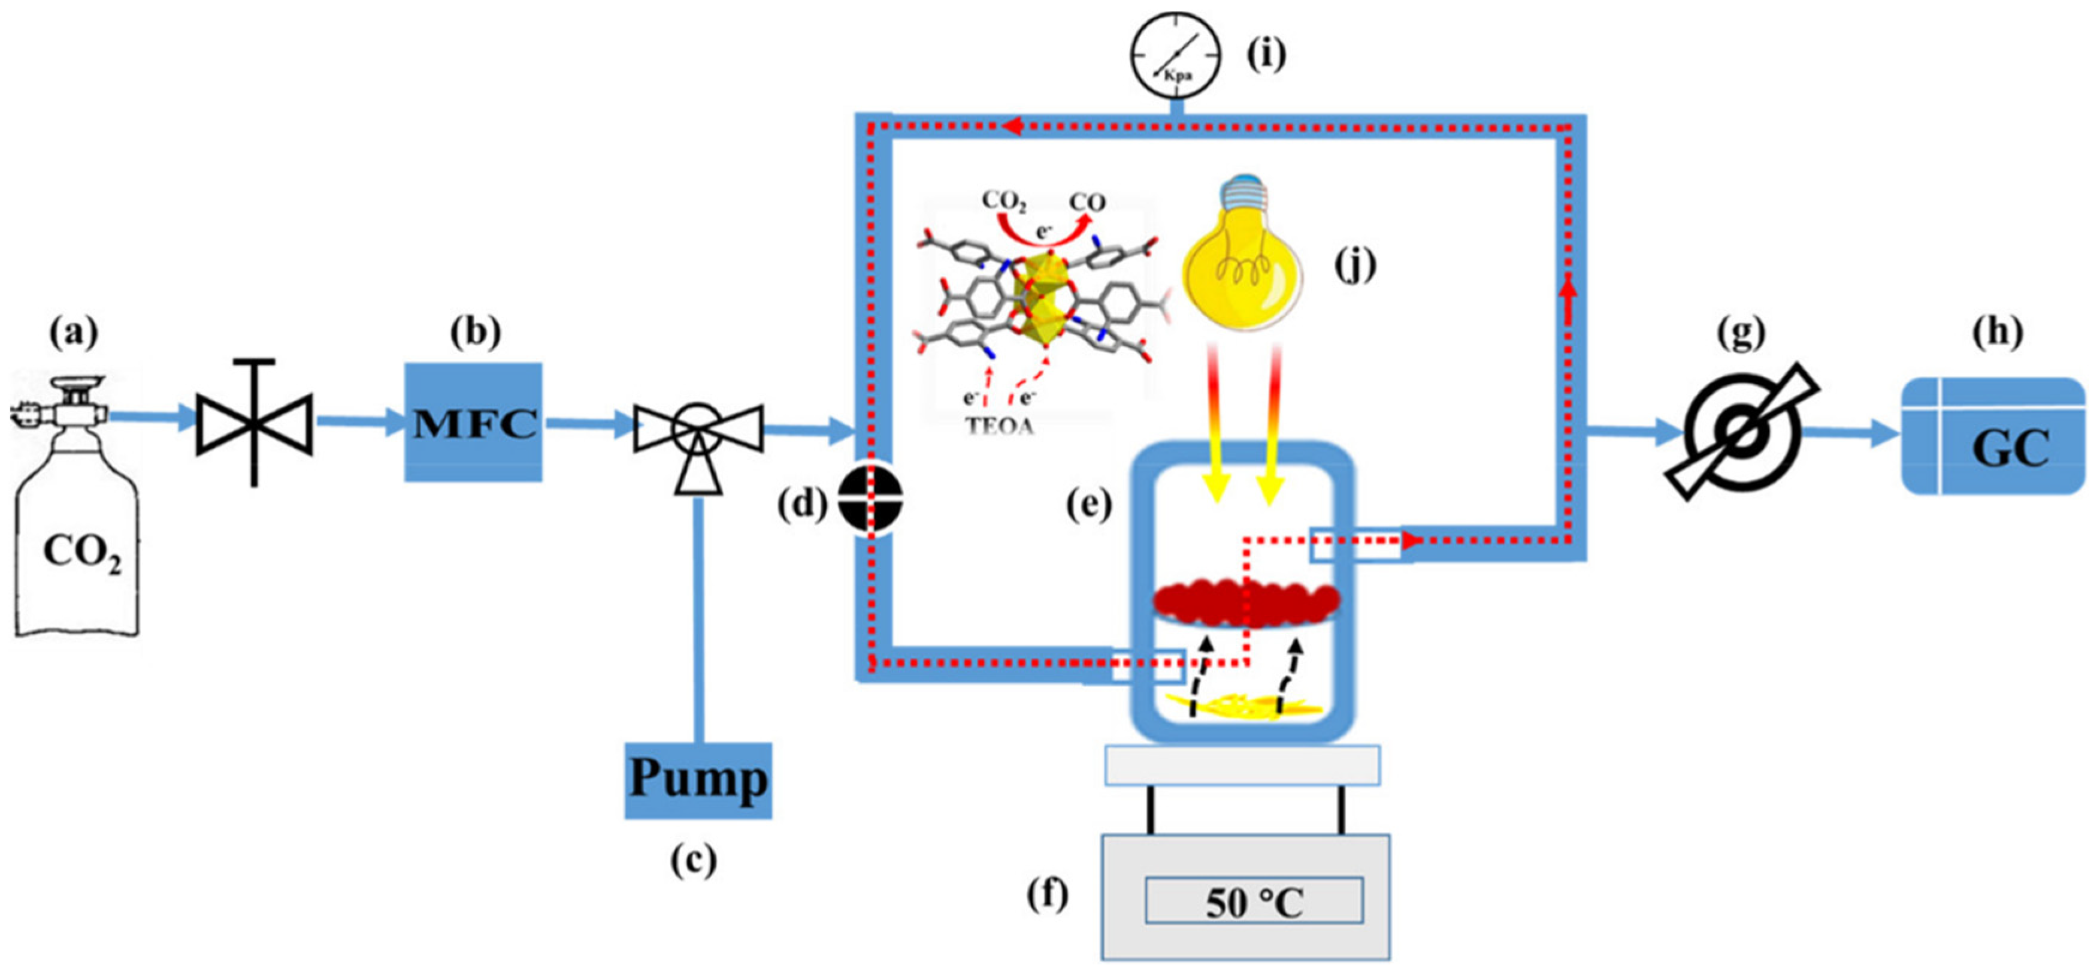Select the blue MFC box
pyautogui.click(x=474, y=422)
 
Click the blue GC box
pyautogui.click(x=1993, y=436)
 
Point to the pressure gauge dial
pyautogui.click(x=1176, y=55)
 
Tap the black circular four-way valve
pyautogui.click(x=871, y=497)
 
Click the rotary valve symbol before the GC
pyautogui.click(x=1742, y=432)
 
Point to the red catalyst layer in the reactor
pyautogui.click(x=1245, y=602)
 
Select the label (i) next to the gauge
pyautogui.click(x=1267, y=55)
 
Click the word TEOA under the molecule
pyautogui.click(x=1000, y=427)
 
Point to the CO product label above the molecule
pyautogui.click(x=1088, y=202)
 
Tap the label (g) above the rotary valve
pyautogui.click(x=1741, y=332)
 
